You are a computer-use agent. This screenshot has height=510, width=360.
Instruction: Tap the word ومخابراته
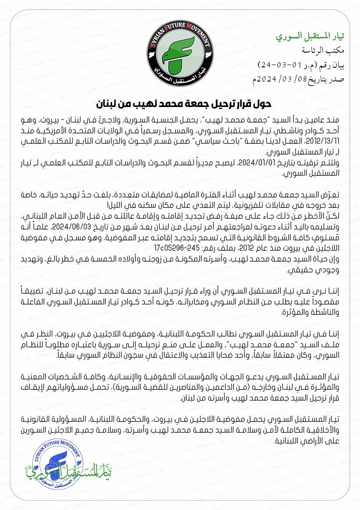173,302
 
